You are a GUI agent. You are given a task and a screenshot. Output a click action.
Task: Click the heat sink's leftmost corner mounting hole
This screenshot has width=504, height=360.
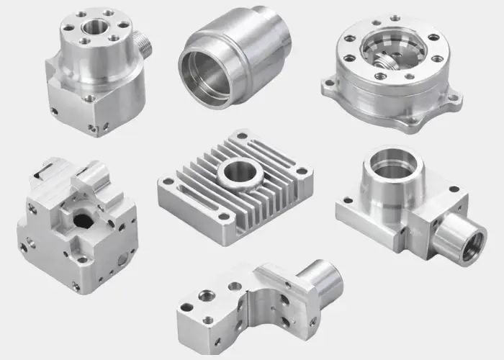(x=167, y=186)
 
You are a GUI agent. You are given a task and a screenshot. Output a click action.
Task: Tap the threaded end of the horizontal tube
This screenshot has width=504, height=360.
(x=456, y=242)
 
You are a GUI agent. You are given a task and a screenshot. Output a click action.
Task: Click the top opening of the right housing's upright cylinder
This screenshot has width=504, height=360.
(x=393, y=167)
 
